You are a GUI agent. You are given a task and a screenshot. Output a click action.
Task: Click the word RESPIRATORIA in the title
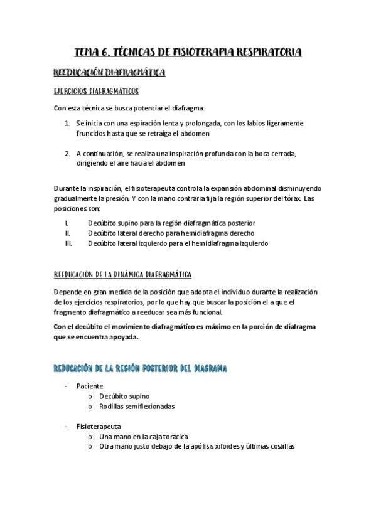click(264, 52)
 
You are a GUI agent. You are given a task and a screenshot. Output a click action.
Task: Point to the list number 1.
click(67, 124)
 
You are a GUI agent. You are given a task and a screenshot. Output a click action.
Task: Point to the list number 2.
click(67, 153)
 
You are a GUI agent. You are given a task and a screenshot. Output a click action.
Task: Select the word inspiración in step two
click(181, 153)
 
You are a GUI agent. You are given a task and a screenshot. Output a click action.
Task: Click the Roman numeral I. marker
click(67, 223)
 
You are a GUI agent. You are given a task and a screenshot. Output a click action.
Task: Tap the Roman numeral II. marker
click(67, 233)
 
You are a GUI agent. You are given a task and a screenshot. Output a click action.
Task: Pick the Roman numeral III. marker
click(68, 243)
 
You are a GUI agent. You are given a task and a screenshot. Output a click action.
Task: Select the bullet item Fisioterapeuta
click(97, 426)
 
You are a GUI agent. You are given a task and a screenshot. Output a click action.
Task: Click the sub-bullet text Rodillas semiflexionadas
click(137, 406)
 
